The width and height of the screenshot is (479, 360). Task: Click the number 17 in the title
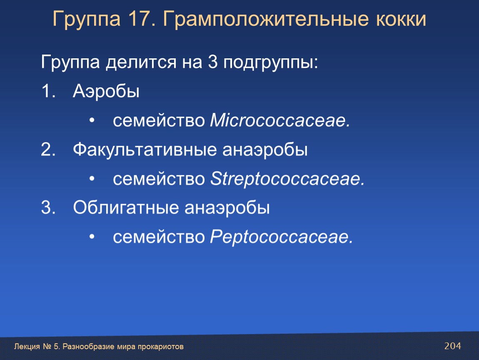(x=139, y=19)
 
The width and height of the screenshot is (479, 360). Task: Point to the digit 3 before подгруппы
(x=212, y=62)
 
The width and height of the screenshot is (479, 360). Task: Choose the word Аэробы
(x=106, y=91)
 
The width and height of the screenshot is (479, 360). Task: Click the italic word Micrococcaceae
(x=280, y=120)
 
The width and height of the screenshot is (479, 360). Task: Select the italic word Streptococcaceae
(x=287, y=179)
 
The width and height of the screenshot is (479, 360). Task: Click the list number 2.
(x=48, y=150)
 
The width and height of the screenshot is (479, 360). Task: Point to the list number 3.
(x=48, y=208)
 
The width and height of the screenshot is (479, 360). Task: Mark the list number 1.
(x=48, y=91)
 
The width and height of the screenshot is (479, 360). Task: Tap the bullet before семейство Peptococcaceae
(x=92, y=237)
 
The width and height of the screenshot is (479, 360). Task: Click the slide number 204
(x=452, y=346)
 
